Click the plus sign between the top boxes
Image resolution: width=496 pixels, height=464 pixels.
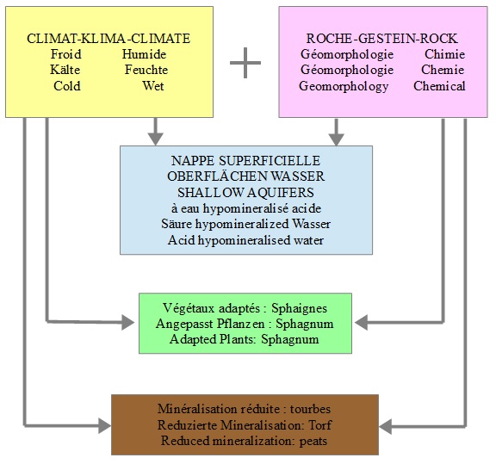tap(245, 63)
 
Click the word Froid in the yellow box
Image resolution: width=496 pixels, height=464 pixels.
tap(65, 54)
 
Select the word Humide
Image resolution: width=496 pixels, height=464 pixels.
tap(145, 54)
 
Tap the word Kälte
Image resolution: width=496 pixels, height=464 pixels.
tap(65, 70)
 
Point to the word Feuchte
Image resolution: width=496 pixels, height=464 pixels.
tap(146, 70)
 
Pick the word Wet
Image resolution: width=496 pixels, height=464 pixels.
tap(153, 86)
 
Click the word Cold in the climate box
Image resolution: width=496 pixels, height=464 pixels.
tap(67, 86)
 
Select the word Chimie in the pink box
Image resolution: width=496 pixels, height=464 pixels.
tap(444, 54)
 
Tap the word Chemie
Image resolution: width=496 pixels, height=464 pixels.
tap(443, 70)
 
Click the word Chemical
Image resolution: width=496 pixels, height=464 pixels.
tap(439, 86)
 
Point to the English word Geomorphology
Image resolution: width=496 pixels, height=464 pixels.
tap(344, 86)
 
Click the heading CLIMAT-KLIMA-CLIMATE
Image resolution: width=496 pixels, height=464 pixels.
tap(108, 39)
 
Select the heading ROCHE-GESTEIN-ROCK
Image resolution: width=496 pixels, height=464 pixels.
tap(381, 39)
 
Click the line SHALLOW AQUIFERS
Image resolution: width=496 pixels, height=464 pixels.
tap(245, 193)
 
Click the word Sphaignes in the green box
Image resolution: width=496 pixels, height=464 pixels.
tap(300, 308)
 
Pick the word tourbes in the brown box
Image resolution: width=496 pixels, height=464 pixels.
tap(310, 409)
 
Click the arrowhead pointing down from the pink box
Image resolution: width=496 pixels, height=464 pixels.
tap(336, 139)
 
